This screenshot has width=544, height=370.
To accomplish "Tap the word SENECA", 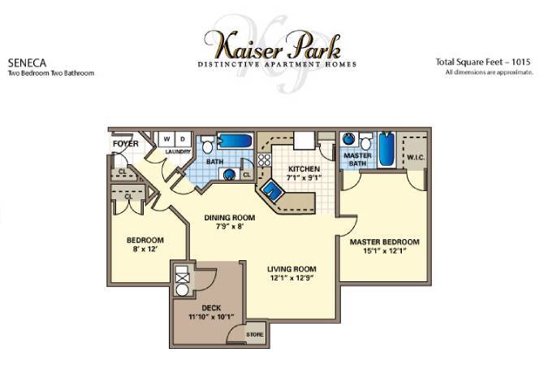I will (x=27, y=61).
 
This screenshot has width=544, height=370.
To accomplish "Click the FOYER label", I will (x=125, y=145).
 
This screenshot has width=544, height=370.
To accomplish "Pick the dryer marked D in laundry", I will (x=183, y=138).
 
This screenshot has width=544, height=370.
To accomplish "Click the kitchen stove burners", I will (x=265, y=162).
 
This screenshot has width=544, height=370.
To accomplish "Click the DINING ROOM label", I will (x=230, y=218).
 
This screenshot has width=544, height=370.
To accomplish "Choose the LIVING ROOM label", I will (x=291, y=269).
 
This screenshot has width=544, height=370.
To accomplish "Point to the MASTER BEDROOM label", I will (x=384, y=242).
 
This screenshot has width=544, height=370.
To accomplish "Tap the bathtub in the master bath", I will (x=386, y=148).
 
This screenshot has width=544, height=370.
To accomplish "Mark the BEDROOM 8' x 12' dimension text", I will (x=145, y=250).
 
